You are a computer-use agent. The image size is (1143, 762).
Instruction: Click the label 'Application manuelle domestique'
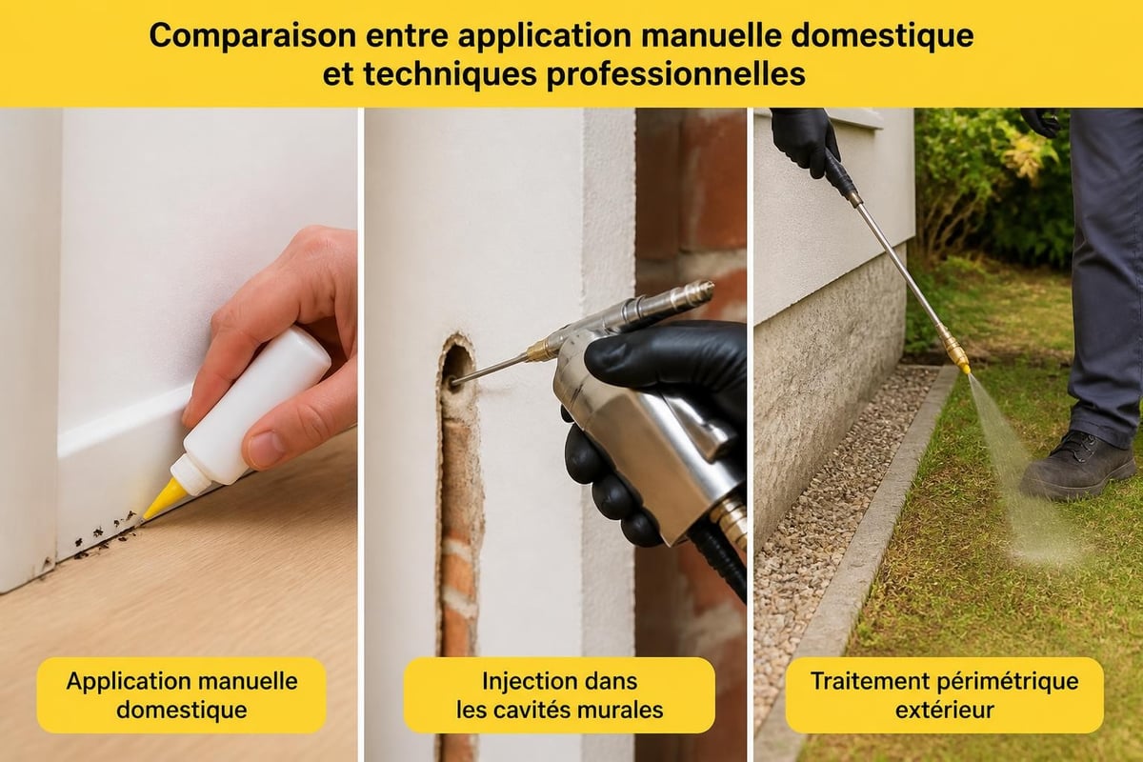182,695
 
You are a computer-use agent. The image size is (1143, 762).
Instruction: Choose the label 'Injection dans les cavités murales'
560,695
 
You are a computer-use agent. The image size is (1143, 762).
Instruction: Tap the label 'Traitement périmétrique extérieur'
945,695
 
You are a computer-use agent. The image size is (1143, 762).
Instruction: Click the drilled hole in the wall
456,369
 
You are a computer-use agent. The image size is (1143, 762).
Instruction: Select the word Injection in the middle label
518,682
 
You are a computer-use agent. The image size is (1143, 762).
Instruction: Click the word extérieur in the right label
945,710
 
